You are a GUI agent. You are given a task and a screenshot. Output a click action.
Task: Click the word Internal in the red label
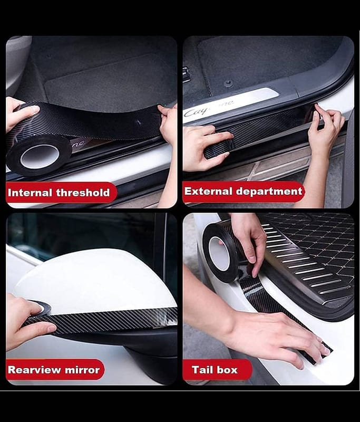pyautogui.click(x=30, y=193)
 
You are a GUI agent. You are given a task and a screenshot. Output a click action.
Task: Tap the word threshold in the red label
pyautogui.click(x=83, y=193)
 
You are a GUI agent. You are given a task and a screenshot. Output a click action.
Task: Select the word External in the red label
pyautogui.click(x=208, y=191)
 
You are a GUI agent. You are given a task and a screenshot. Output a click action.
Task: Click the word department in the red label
pyautogui.click(x=269, y=192)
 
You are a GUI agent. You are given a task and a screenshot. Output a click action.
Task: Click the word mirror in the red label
pyautogui.click(x=82, y=370)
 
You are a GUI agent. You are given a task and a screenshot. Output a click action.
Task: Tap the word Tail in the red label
pyautogui.click(x=200, y=370)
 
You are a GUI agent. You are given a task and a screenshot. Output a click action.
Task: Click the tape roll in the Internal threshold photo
pyautogui.click(x=38, y=156)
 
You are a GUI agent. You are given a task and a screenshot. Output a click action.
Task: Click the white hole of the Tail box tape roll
pyautogui.click(x=219, y=253)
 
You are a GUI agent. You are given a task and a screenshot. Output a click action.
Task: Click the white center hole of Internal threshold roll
pyautogui.click(x=40, y=156)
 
